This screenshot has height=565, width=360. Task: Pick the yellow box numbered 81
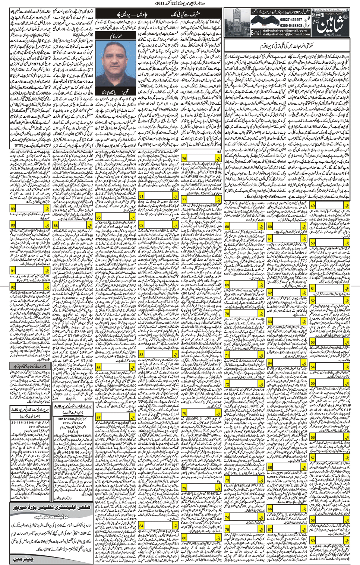142,196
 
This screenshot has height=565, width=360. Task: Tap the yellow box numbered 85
98,217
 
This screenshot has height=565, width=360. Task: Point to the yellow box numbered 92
13,287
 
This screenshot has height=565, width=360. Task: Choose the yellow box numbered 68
227,226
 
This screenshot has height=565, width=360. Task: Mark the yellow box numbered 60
270,226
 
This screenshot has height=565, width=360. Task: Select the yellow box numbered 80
184,538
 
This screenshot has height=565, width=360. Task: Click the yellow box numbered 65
270,468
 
